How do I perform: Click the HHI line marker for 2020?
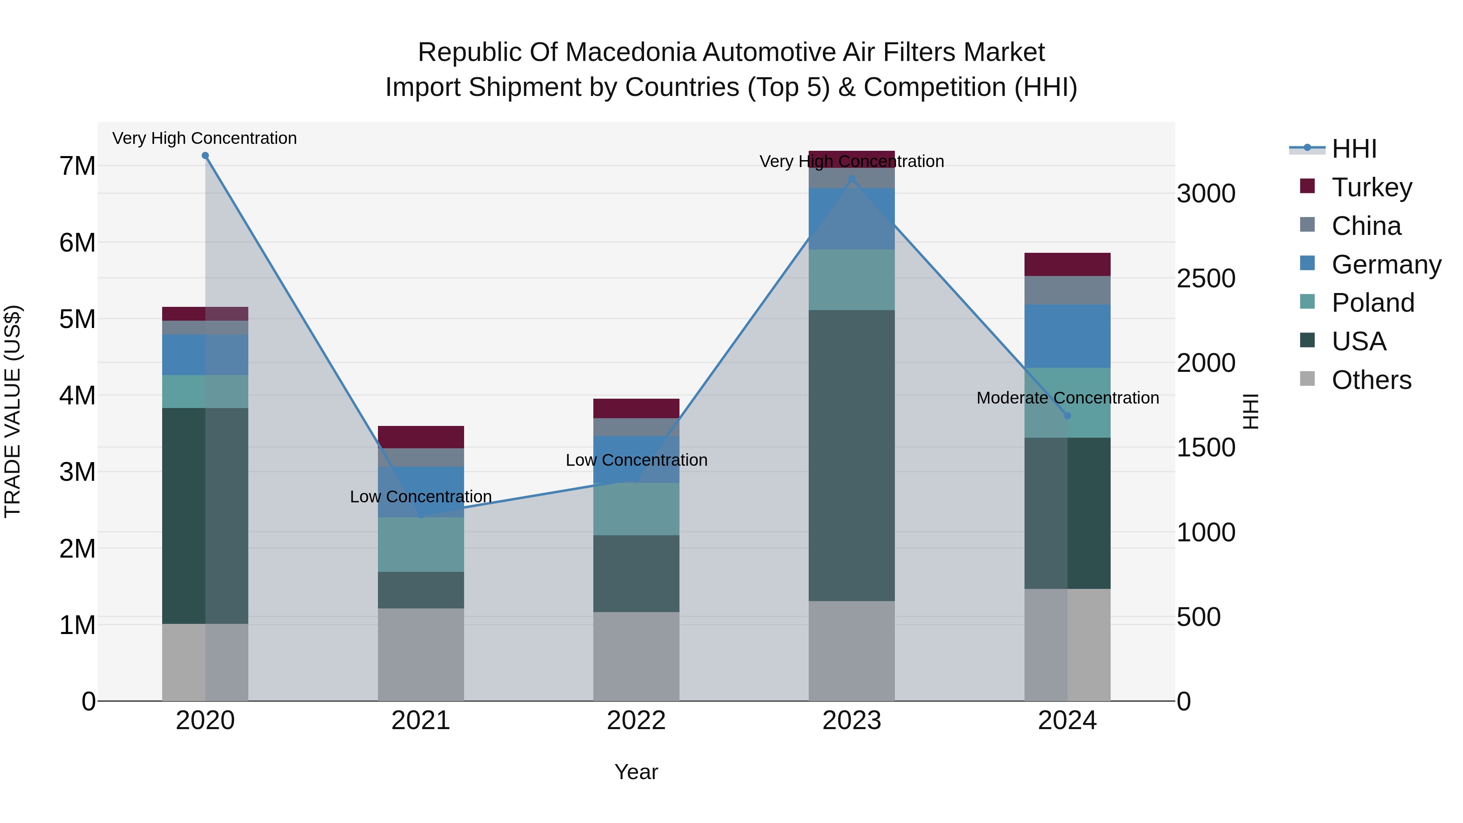pyautogui.click(x=205, y=156)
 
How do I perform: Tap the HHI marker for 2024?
pyautogui.click(x=1067, y=416)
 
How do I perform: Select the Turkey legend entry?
pyautogui.click(x=1371, y=187)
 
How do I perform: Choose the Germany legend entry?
pyautogui.click(x=1385, y=265)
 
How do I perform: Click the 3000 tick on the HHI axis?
pyautogui.click(x=1205, y=194)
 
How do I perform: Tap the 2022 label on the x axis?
pyautogui.click(x=636, y=721)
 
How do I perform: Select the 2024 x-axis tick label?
pyautogui.click(x=1067, y=721)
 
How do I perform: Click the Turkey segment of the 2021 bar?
pyautogui.click(x=421, y=437)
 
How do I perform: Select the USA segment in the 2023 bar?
pyautogui.click(x=851, y=454)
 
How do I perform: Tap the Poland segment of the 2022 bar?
pyautogui.click(x=636, y=509)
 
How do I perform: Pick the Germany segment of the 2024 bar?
pyautogui.click(x=1067, y=336)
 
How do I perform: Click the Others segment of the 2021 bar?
pyautogui.click(x=421, y=654)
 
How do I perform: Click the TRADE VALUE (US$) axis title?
pyautogui.click(x=13, y=411)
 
